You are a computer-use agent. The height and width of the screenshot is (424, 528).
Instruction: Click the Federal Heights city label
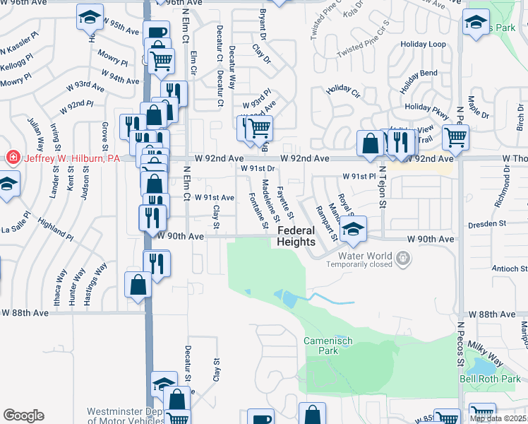click(296, 236)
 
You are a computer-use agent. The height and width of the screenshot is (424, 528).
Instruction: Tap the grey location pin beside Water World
click(402, 258)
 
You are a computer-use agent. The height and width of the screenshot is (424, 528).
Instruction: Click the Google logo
click(23, 416)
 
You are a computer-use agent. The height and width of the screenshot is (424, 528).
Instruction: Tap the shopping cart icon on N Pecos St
click(456, 137)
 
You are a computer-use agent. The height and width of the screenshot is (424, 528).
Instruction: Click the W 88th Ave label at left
click(25, 312)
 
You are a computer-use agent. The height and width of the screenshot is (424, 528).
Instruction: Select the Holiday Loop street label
click(424, 44)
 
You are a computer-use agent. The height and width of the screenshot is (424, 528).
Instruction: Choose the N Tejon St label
click(383, 194)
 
